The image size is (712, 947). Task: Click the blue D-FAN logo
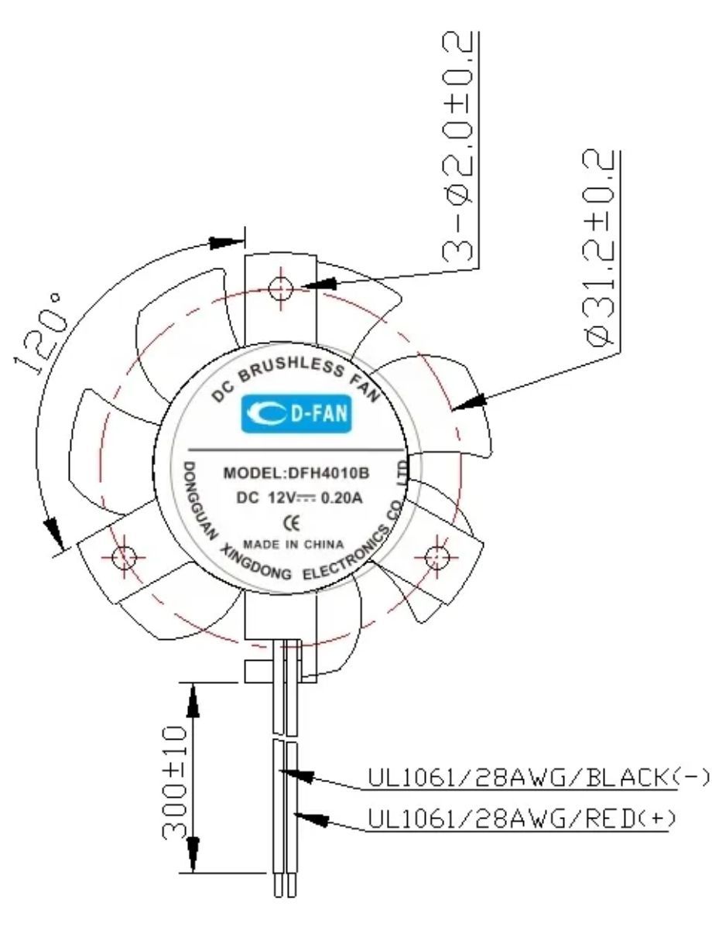[296, 413]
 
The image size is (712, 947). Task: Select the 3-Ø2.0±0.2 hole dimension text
[458, 147]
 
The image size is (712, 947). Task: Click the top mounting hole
[280, 288]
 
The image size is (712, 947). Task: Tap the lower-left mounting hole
[125, 557]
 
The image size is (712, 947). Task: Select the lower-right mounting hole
[436, 557]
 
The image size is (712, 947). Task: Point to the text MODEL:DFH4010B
[296, 473]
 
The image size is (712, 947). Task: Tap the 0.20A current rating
[342, 498]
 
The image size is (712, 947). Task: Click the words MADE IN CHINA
[293, 545]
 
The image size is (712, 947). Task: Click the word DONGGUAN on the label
[197, 501]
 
